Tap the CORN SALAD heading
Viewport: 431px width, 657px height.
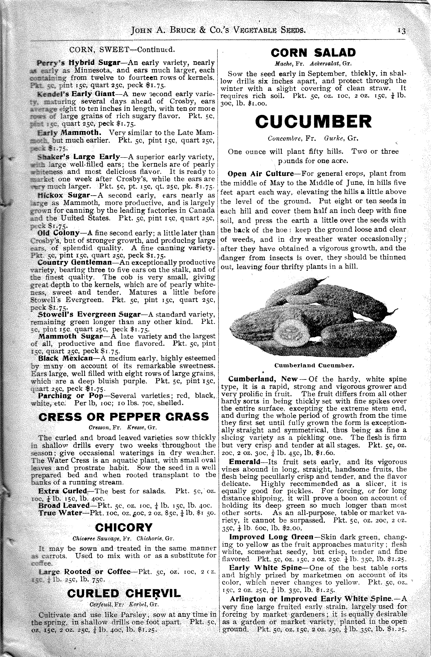point(313,52)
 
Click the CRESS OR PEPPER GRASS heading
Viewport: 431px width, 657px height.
point(124,417)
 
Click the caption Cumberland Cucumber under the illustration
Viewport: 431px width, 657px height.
point(314,366)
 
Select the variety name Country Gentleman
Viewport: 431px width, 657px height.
point(75,262)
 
